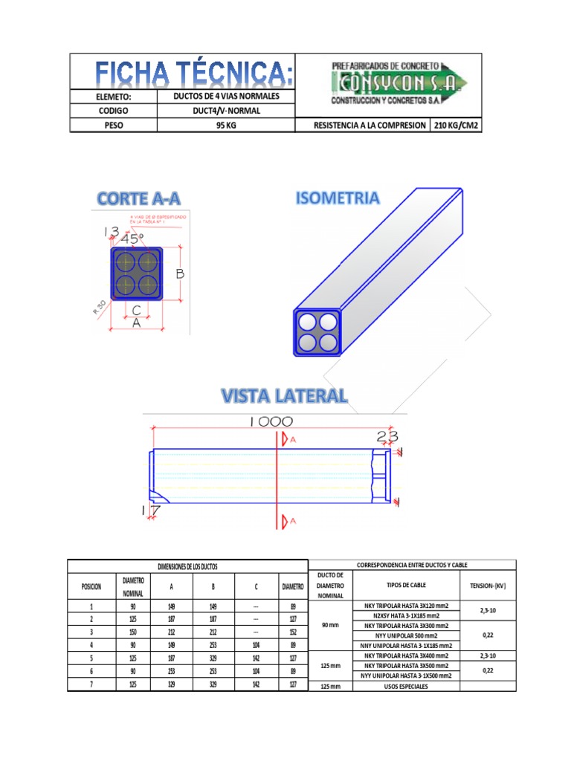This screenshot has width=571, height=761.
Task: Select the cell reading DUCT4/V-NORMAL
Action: click(x=226, y=111)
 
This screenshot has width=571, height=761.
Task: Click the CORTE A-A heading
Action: click(x=139, y=198)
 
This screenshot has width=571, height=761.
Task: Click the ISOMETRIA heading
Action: click(x=338, y=198)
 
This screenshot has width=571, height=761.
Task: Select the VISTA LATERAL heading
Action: click(x=284, y=395)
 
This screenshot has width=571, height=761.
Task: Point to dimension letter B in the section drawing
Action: click(x=179, y=274)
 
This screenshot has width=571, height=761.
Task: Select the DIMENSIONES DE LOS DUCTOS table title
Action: click(x=187, y=567)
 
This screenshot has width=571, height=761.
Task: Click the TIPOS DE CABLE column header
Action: click(x=405, y=586)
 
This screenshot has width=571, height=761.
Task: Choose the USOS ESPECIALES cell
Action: click(x=406, y=686)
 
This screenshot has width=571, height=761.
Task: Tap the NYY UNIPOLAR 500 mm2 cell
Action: click(x=406, y=636)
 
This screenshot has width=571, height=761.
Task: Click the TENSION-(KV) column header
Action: click(x=488, y=586)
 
